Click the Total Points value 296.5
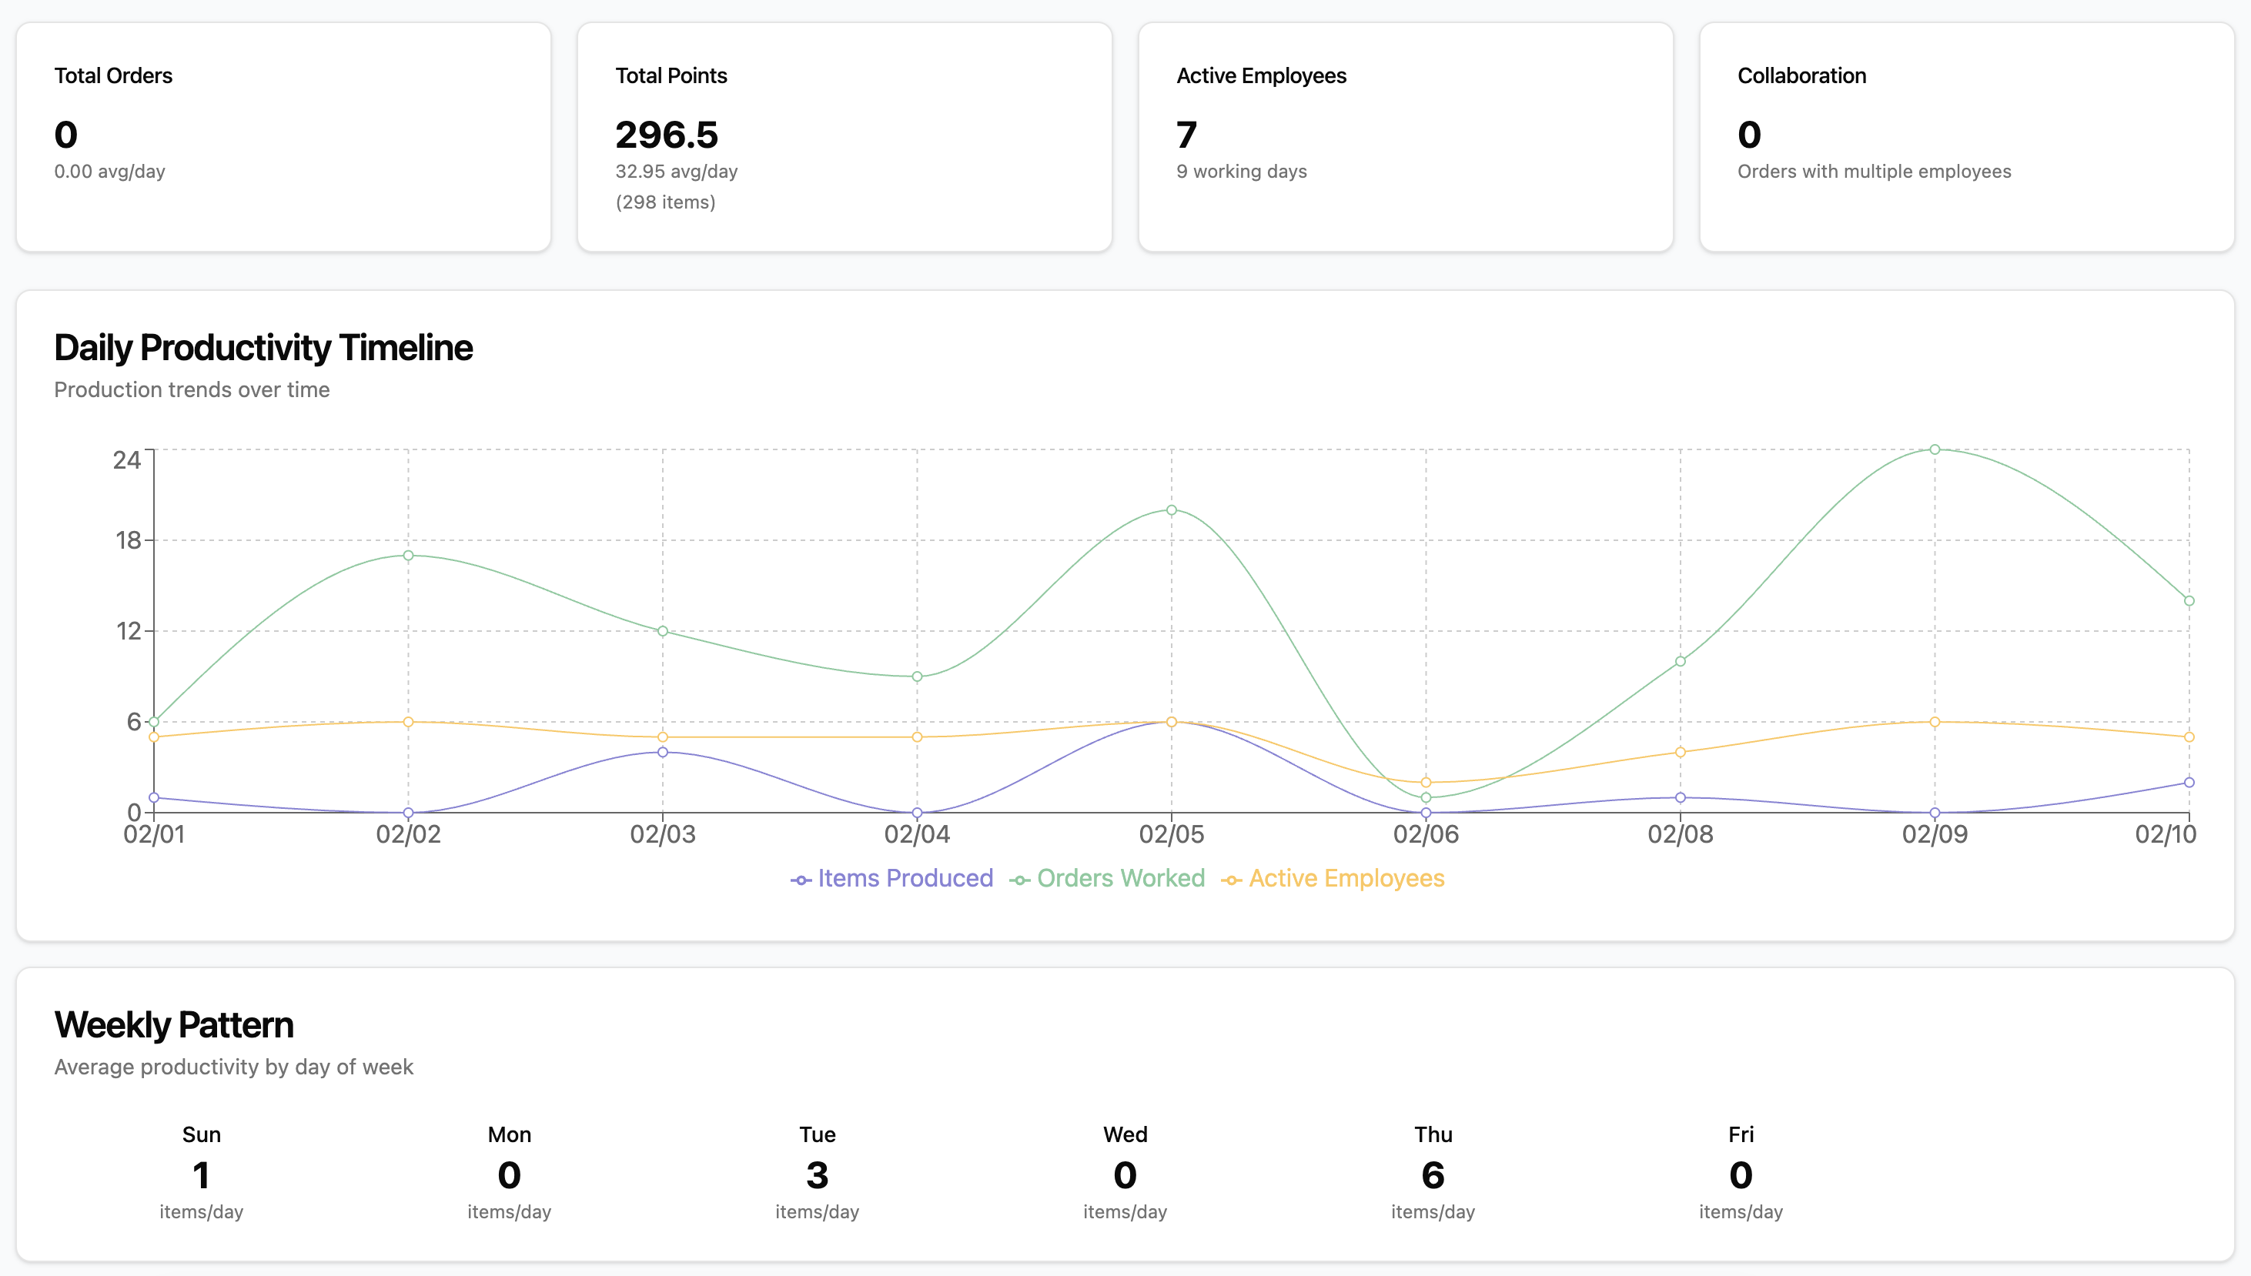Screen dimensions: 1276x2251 tap(666, 135)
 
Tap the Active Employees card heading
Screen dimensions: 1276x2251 tap(1260, 75)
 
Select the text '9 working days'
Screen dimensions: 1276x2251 tap(1241, 172)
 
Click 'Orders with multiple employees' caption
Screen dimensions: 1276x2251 tap(1873, 172)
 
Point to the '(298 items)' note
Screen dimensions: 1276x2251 tap(665, 202)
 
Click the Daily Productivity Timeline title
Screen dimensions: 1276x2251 tap(263, 348)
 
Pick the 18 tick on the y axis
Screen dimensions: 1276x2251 tap(128, 539)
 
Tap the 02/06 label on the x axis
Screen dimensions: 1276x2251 tap(1425, 834)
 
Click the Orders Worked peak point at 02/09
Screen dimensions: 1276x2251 tap(1934, 449)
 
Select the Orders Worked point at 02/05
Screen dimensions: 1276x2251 tap(1171, 510)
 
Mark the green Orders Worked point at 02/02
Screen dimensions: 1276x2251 tap(409, 556)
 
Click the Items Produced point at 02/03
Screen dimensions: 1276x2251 tap(663, 752)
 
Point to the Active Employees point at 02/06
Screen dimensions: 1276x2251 tap(1425, 783)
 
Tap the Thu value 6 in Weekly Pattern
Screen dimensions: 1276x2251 tap(1433, 1175)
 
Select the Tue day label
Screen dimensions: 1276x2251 tap(817, 1135)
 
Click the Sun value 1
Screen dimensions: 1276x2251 tap(201, 1175)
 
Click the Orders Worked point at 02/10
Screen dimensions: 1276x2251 tap(2188, 601)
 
